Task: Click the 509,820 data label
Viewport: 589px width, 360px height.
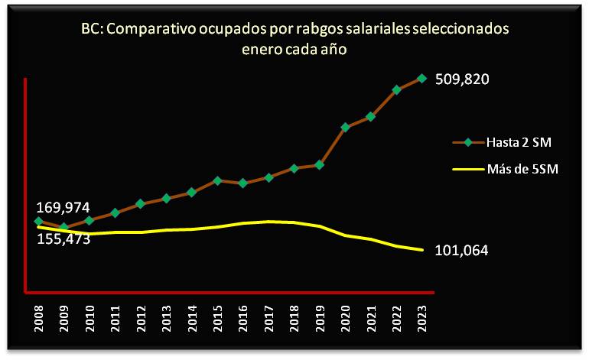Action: click(x=461, y=78)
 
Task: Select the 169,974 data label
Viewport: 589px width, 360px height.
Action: click(x=63, y=207)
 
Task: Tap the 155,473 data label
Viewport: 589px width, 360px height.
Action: click(x=63, y=238)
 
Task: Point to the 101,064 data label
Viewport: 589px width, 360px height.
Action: click(x=461, y=250)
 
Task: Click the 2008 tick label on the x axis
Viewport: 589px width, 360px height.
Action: click(x=38, y=319)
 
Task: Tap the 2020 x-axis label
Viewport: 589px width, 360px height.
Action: click(x=346, y=319)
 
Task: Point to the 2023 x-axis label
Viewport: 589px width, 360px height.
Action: click(x=422, y=319)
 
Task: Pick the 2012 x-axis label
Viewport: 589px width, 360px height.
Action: click(x=141, y=319)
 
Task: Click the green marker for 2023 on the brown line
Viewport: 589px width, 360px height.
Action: click(x=422, y=77)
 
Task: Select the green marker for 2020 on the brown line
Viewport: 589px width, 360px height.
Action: click(x=346, y=127)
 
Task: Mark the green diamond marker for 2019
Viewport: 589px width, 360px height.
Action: click(x=320, y=164)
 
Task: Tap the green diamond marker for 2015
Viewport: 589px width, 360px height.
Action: click(x=217, y=180)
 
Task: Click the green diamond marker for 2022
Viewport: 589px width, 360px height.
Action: click(x=396, y=89)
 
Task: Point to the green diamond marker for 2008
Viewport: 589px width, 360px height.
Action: click(x=38, y=222)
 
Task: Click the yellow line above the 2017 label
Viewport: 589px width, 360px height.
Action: click(x=268, y=222)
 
